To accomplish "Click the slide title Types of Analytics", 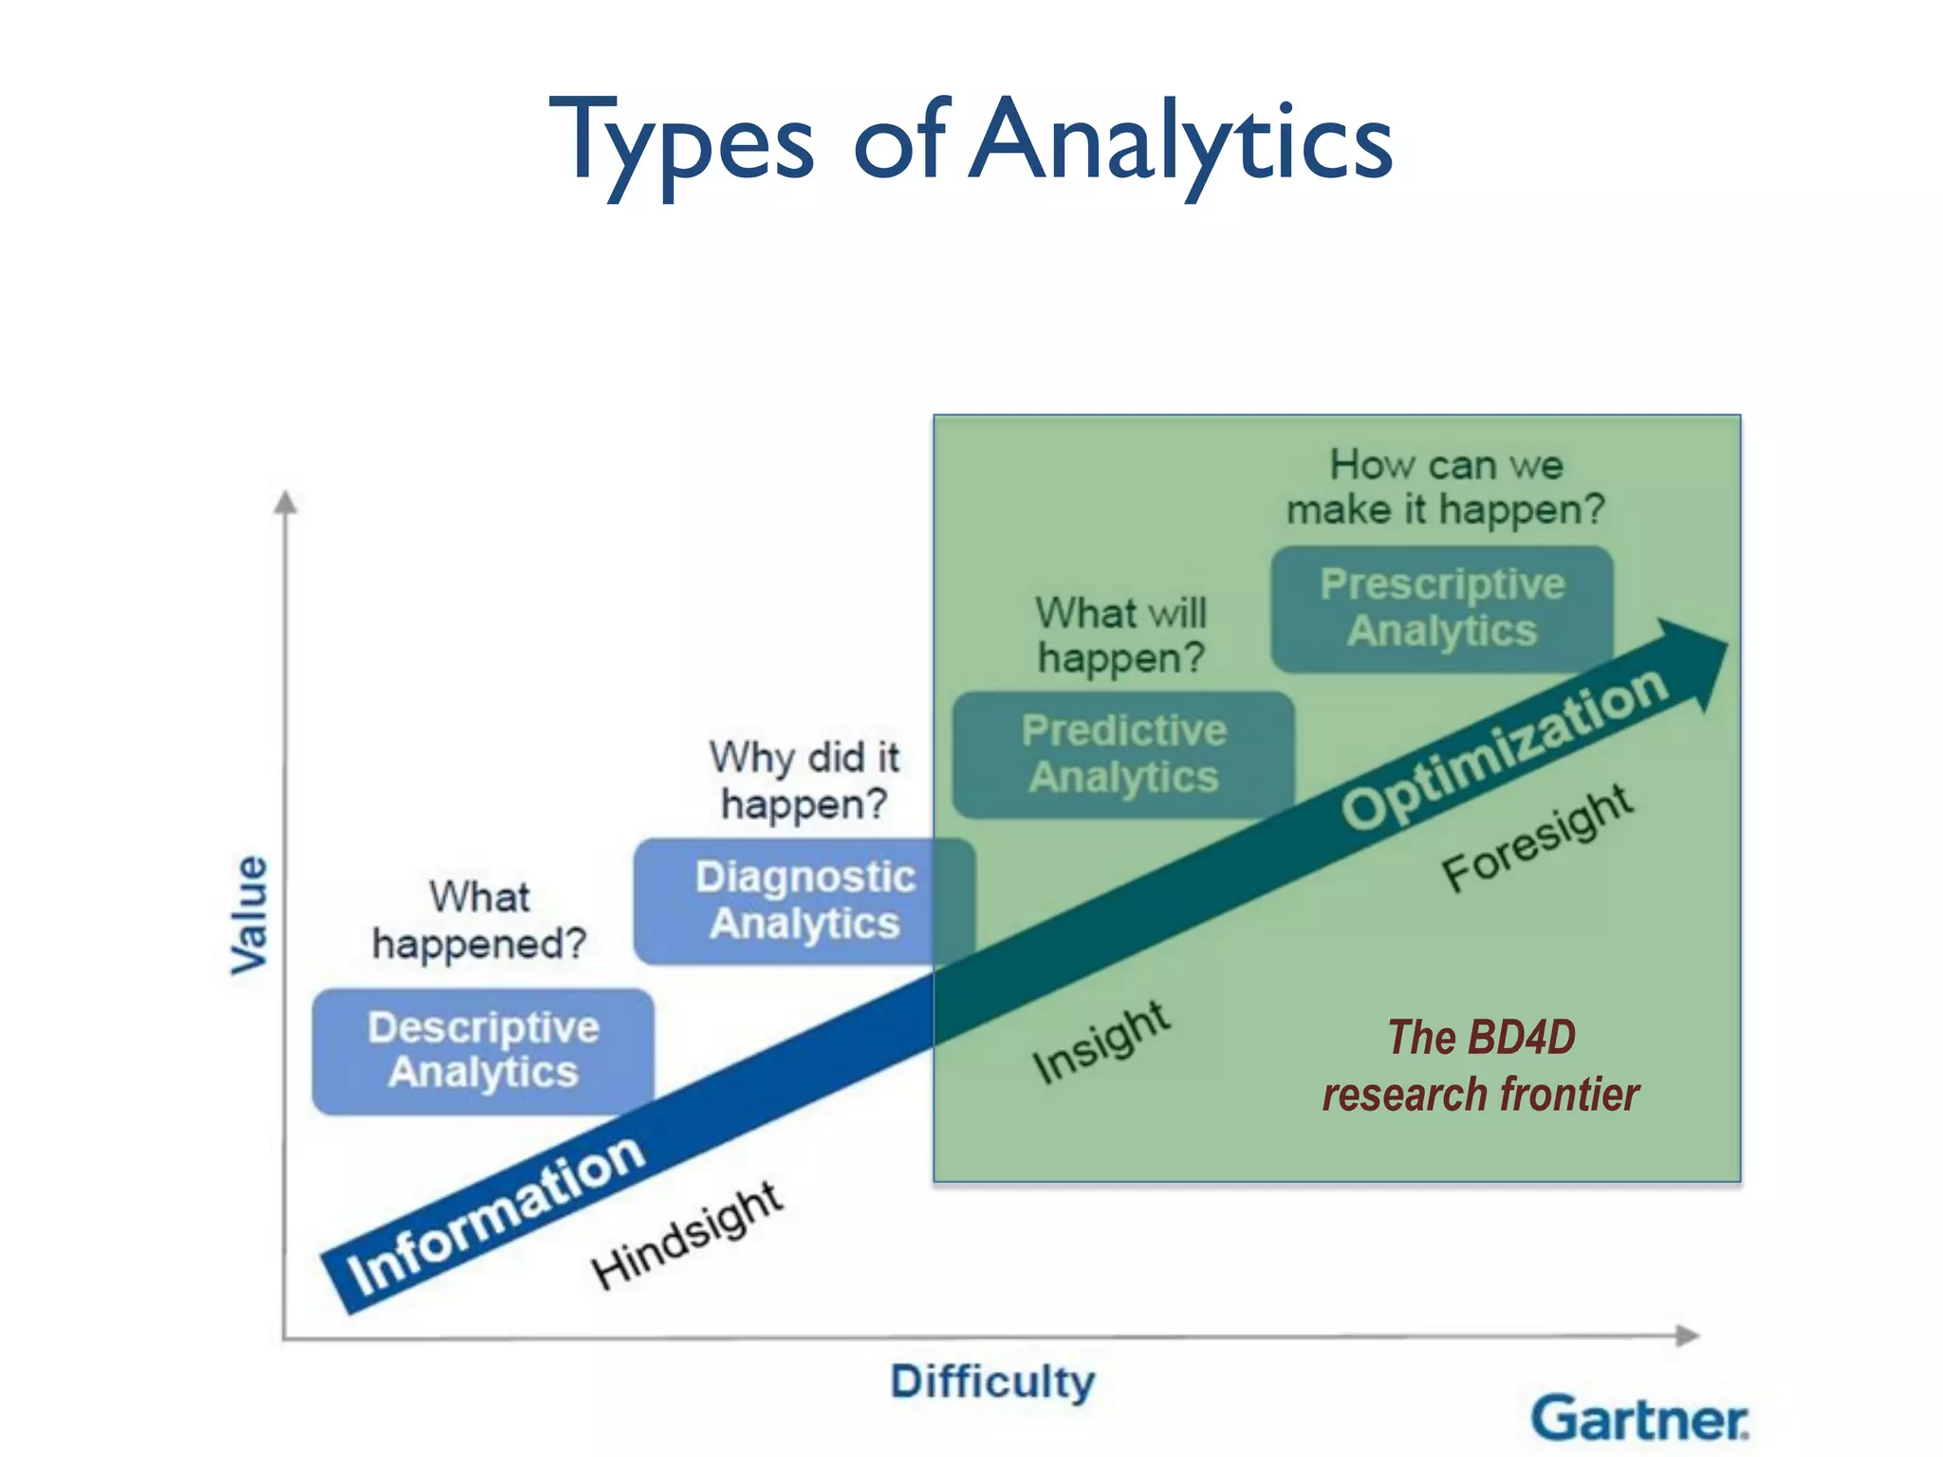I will click(971, 142).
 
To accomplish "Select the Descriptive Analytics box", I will click(483, 1051).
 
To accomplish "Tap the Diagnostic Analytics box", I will click(805, 901).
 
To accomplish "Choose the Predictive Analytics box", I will click(1123, 755).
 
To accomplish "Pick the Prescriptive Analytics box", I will click(1442, 608).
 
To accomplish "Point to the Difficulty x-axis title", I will click(992, 1382).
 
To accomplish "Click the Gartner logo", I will click(1638, 1419).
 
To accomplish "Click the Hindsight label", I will click(687, 1237).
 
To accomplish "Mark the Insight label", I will click(1101, 1042).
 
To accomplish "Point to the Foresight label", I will click(1537, 839).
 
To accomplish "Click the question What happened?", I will click(479, 920).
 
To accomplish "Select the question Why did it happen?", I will click(805, 781).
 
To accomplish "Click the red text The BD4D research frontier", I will click(1480, 1065).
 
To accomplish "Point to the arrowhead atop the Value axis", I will click(286, 502).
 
